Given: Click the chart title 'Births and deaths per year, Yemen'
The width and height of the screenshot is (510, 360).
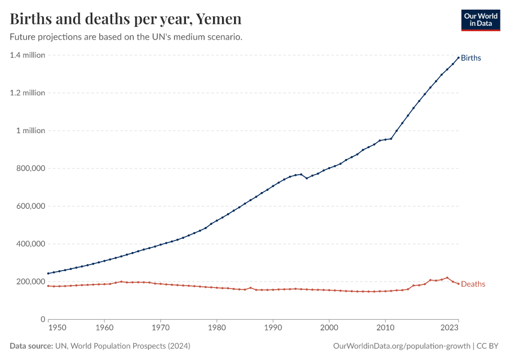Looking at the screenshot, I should click(126, 19).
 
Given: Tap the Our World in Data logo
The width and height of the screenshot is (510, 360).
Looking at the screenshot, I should click(480, 19).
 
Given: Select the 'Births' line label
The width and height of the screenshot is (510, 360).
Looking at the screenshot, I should click(471, 58).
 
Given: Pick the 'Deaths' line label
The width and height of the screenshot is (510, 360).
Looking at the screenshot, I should click(473, 284).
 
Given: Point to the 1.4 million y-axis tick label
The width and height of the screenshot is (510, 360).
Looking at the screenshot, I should click(28, 55).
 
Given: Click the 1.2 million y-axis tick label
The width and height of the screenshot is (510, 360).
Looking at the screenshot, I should click(28, 93).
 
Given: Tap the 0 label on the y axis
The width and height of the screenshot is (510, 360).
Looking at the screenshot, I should click(43, 319).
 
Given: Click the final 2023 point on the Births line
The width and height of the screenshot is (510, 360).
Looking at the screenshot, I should click(458, 58).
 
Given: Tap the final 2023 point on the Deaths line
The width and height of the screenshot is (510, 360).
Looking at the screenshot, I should click(458, 284).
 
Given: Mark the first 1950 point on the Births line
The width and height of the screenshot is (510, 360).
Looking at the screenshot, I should click(49, 274).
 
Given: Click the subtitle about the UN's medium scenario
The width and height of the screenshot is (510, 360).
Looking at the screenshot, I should click(126, 37).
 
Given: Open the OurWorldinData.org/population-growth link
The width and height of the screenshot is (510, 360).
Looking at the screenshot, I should click(401, 346).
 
